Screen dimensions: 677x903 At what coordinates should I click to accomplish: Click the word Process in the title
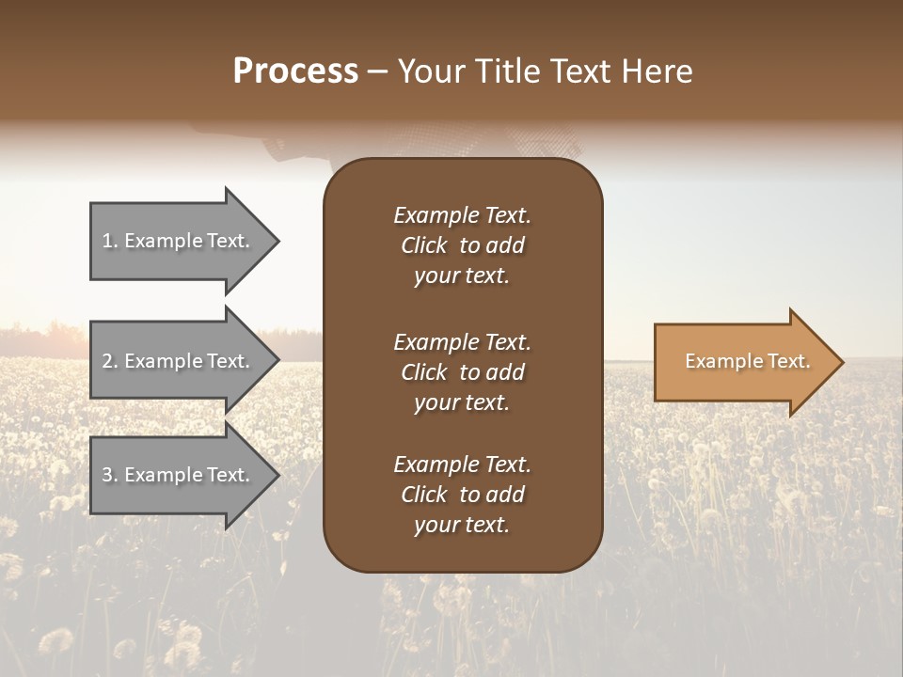295,71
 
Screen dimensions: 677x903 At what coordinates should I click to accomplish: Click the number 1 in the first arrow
107,241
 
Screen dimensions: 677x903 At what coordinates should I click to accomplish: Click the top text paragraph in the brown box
462,245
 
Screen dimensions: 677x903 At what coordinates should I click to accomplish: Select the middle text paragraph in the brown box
462,372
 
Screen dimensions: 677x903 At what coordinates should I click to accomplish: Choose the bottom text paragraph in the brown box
462,495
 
